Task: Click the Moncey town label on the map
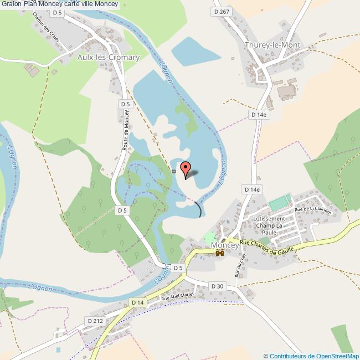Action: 225,244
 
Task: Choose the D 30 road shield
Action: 217,286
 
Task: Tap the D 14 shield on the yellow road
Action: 137,302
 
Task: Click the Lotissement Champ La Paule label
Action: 269,225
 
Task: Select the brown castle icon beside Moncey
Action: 220,253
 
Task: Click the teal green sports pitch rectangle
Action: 280,203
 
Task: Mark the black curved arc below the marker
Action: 198,209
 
